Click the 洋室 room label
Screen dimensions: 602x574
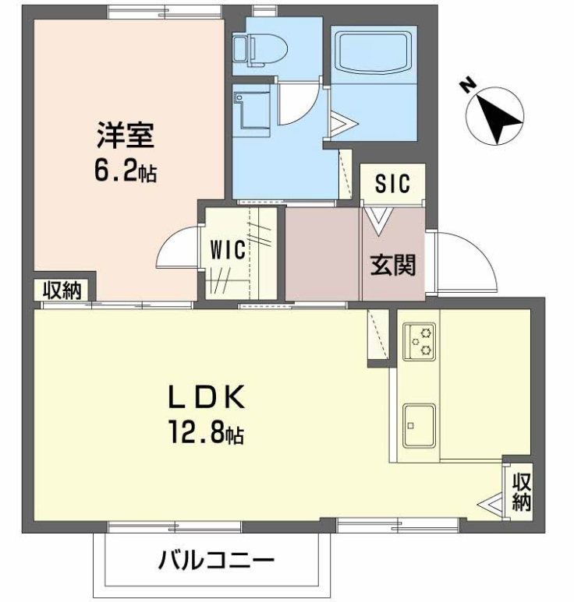point(126,136)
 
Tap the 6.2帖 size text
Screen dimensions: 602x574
point(126,170)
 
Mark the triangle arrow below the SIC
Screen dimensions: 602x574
point(378,220)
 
